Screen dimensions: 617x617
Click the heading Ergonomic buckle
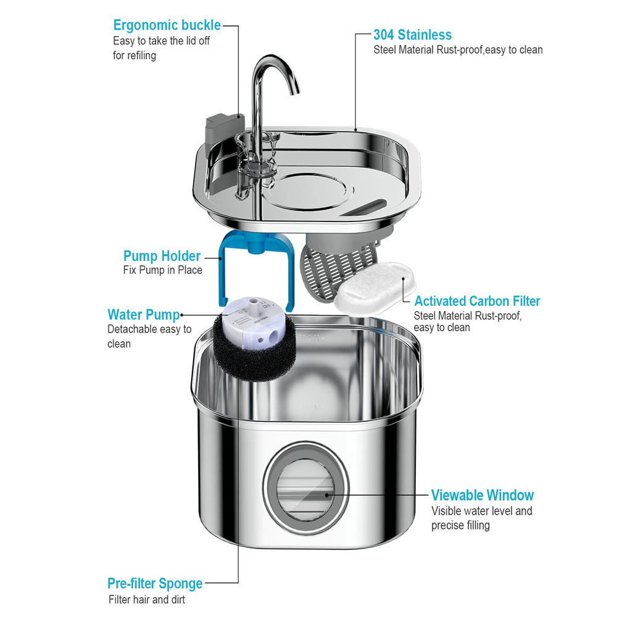167,25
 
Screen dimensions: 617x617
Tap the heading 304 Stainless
412,35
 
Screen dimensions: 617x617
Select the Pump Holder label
162,256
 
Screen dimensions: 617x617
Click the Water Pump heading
143,315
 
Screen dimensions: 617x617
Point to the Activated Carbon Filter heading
477,301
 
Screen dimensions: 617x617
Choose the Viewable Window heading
482,495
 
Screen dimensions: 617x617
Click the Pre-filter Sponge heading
155,583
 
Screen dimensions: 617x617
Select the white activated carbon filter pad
370,289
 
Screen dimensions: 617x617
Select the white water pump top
251,315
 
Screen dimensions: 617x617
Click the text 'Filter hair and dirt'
147,599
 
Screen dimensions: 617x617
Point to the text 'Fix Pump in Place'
163,270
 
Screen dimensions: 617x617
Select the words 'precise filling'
460,525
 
